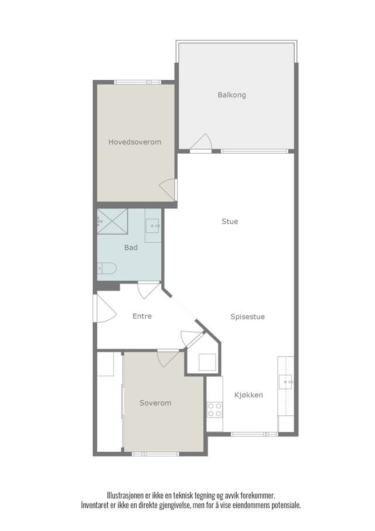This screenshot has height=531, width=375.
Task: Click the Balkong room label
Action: (x=231, y=95)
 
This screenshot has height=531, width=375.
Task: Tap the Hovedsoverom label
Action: (x=135, y=142)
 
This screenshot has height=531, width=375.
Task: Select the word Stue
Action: (x=230, y=221)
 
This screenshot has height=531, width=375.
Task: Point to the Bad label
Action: (x=131, y=248)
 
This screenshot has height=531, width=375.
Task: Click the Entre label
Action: (x=142, y=316)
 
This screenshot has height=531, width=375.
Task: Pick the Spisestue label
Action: (x=247, y=317)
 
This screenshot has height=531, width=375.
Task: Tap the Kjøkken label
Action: (x=248, y=395)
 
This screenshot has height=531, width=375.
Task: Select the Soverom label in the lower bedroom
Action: (x=155, y=403)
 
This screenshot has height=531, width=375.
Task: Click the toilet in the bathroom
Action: (x=107, y=268)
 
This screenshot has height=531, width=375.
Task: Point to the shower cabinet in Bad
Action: (x=112, y=221)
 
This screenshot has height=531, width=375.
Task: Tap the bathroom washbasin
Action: (x=152, y=225)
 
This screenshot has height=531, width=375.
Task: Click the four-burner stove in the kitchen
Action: (x=214, y=410)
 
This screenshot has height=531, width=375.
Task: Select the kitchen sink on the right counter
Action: (x=286, y=382)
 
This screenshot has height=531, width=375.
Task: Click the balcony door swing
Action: (x=201, y=141)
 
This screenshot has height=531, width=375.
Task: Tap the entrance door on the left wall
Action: (x=105, y=308)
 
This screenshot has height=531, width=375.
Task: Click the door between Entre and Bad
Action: (x=149, y=290)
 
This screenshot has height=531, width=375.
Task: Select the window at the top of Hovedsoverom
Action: (x=138, y=82)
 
